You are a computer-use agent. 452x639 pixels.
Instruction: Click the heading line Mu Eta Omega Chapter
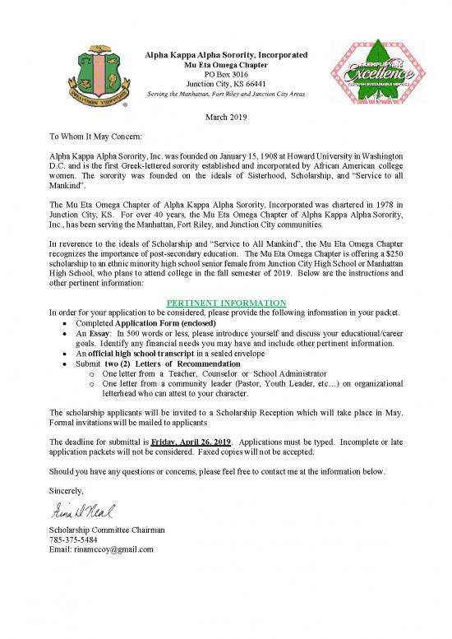point(226,64)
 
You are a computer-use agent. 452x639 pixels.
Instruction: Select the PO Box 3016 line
point(226,74)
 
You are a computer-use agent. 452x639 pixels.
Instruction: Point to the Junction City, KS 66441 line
point(226,84)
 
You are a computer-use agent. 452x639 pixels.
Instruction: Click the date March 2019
point(226,117)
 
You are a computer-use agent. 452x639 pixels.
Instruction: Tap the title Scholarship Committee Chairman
point(108,530)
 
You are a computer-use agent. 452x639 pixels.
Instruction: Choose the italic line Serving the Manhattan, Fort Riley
point(226,94)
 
